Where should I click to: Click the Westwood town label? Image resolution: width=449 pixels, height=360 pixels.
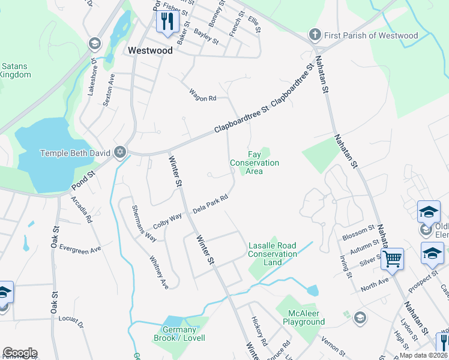click(150, 51)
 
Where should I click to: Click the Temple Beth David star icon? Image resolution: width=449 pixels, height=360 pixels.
click(120, 152)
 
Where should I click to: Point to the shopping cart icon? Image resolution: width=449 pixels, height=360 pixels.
click(392, 259)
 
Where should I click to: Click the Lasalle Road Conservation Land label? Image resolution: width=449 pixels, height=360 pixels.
click(273, 254)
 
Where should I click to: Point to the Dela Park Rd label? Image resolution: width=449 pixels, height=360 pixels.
click(210, 204)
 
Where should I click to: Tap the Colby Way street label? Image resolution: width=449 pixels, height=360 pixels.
click(167, 219)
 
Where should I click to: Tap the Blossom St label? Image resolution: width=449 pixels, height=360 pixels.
click(358, 233)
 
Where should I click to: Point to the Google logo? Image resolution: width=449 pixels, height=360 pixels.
click(19, 353)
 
